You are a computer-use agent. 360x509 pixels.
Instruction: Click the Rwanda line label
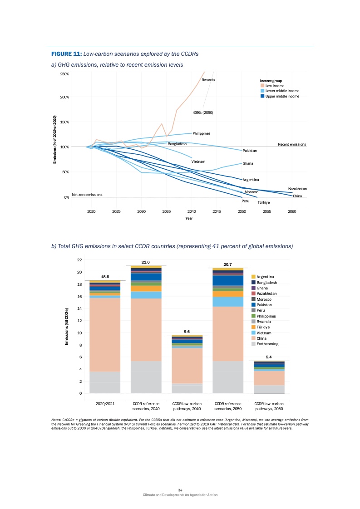tap(208, 80)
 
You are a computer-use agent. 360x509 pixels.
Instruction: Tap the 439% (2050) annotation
tap(203, 113)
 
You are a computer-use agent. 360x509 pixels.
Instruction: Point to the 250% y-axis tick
tap(64, 74)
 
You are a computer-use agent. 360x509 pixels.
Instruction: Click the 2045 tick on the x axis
tap(217, 211)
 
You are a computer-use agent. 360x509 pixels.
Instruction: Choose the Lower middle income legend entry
tap(282, 91)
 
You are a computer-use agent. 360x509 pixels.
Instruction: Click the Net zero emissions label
tap(87, 195)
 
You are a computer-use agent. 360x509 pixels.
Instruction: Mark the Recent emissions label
tap(292, 144)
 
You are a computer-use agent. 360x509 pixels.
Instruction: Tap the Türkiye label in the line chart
tap(264, 203)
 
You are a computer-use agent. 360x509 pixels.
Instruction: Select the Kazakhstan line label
tap(297, 189)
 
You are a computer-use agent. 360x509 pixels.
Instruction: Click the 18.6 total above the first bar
tap(105, 276)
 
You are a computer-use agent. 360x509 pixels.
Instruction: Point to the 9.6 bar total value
tap(186, 331)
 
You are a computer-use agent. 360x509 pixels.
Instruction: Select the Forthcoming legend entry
tap(267, 344)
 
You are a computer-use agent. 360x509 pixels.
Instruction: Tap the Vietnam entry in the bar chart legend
tap(264, 333)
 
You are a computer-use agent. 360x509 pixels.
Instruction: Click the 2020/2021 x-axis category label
tap(105, 403)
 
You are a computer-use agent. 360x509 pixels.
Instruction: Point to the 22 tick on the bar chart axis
tap(79, 260)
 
